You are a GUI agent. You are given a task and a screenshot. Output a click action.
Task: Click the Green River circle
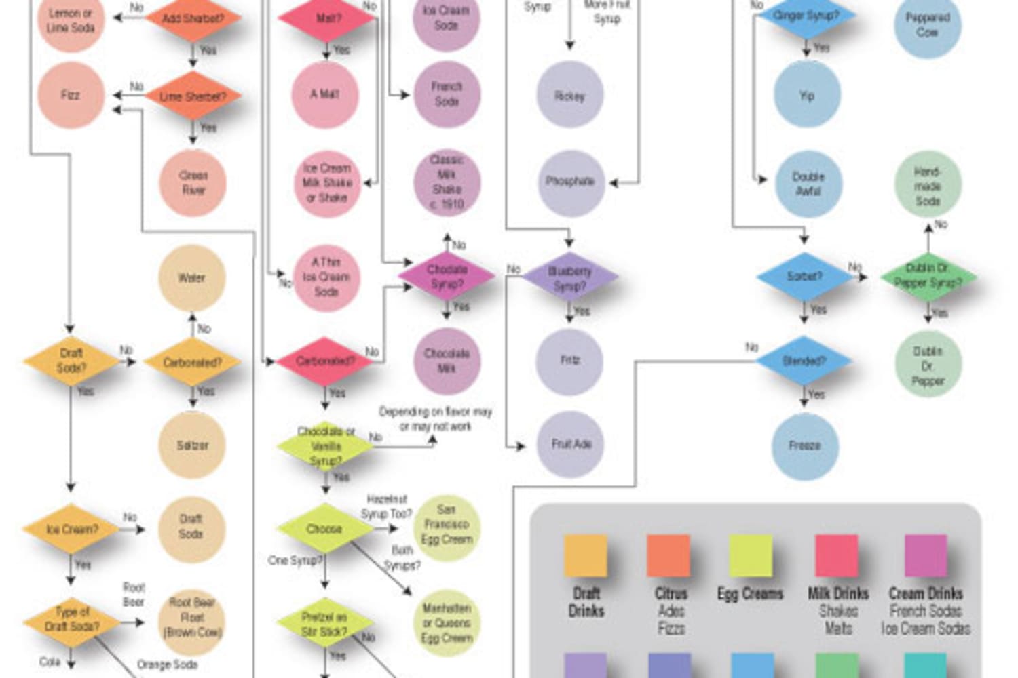193,182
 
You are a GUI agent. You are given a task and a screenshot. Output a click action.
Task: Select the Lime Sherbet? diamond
193,96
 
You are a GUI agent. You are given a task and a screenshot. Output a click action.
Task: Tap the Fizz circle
71,95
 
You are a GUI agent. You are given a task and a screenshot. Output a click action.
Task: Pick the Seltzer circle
192,445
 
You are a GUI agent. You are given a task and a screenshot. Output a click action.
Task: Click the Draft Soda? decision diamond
71,361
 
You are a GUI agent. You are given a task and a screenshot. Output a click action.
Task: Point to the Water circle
191,278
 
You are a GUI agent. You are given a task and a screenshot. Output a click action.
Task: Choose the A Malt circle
325,94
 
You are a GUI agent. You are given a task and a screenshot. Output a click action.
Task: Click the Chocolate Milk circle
447,361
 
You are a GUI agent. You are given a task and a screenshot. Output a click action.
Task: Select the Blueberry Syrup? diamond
569,277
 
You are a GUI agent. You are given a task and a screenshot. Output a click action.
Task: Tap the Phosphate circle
570,182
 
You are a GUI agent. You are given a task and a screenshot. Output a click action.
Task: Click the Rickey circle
569,96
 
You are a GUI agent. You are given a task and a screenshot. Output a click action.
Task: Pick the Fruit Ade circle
571,444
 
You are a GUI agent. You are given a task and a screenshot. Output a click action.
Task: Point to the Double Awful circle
808,184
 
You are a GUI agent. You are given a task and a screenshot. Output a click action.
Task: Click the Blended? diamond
804,361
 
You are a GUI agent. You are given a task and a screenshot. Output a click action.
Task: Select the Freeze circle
805,445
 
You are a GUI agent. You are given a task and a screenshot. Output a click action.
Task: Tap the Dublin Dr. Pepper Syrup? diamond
927,277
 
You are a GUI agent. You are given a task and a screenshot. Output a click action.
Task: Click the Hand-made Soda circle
927,186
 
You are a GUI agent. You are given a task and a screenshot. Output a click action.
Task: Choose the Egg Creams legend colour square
751,556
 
